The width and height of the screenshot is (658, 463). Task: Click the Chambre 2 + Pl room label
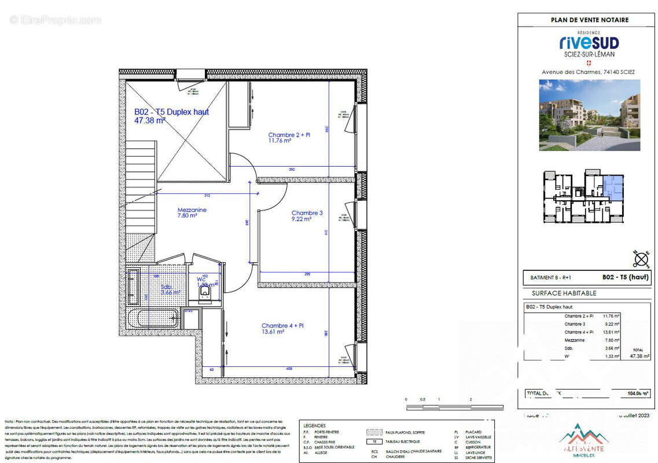[x=289, y=135]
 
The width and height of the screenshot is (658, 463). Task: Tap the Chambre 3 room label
[x=307, y=213]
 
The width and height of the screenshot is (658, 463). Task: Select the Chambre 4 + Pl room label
[x=282, y=326]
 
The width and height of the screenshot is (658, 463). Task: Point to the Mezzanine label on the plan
[x=192, y=210]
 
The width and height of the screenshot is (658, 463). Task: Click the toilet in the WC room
[x=205, y=295]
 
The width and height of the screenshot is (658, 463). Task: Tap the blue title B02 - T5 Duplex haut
[x=171, y=112]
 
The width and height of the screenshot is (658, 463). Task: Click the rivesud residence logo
[x=589, y=42]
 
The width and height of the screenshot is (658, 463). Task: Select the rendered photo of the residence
[x=589, y=115]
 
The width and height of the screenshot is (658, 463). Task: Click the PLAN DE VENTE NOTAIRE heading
[x=589, y=20]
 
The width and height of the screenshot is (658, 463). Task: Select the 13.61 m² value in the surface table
[x=611, y=332]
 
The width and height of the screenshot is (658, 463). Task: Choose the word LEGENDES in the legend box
[x=314, y=425]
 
